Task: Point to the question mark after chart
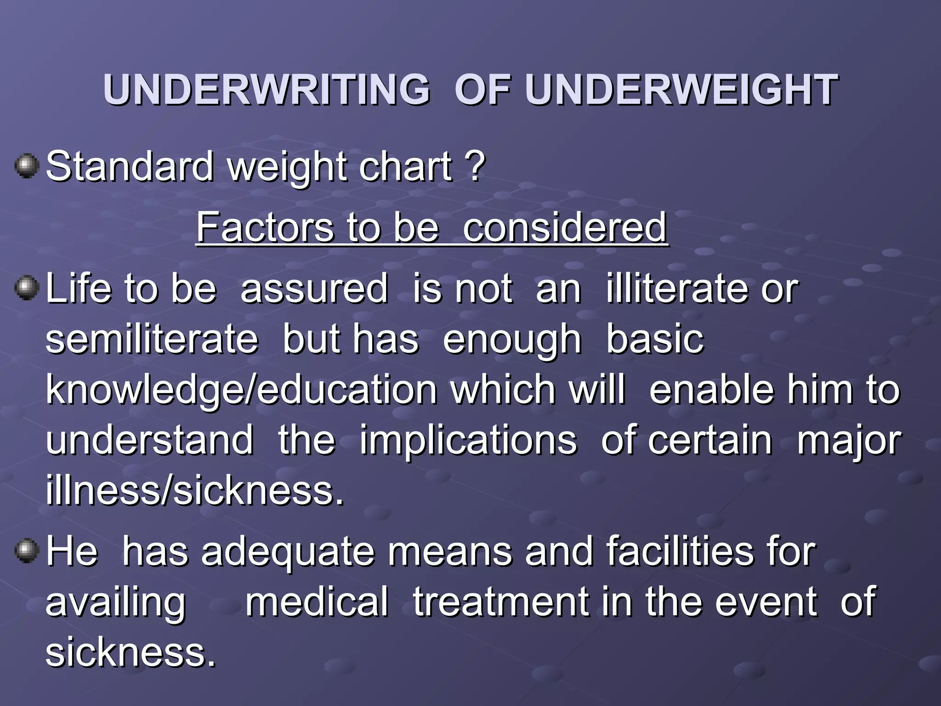click(476, 166)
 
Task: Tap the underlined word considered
click(564, 227)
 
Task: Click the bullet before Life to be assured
click(26, 288)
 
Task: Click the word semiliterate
click(152, 339)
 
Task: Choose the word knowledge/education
click(241, 391)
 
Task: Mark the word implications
click(468, 440)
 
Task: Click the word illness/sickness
click(194, 490)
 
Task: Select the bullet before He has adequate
click(26, 550)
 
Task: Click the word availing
click(116, 603)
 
